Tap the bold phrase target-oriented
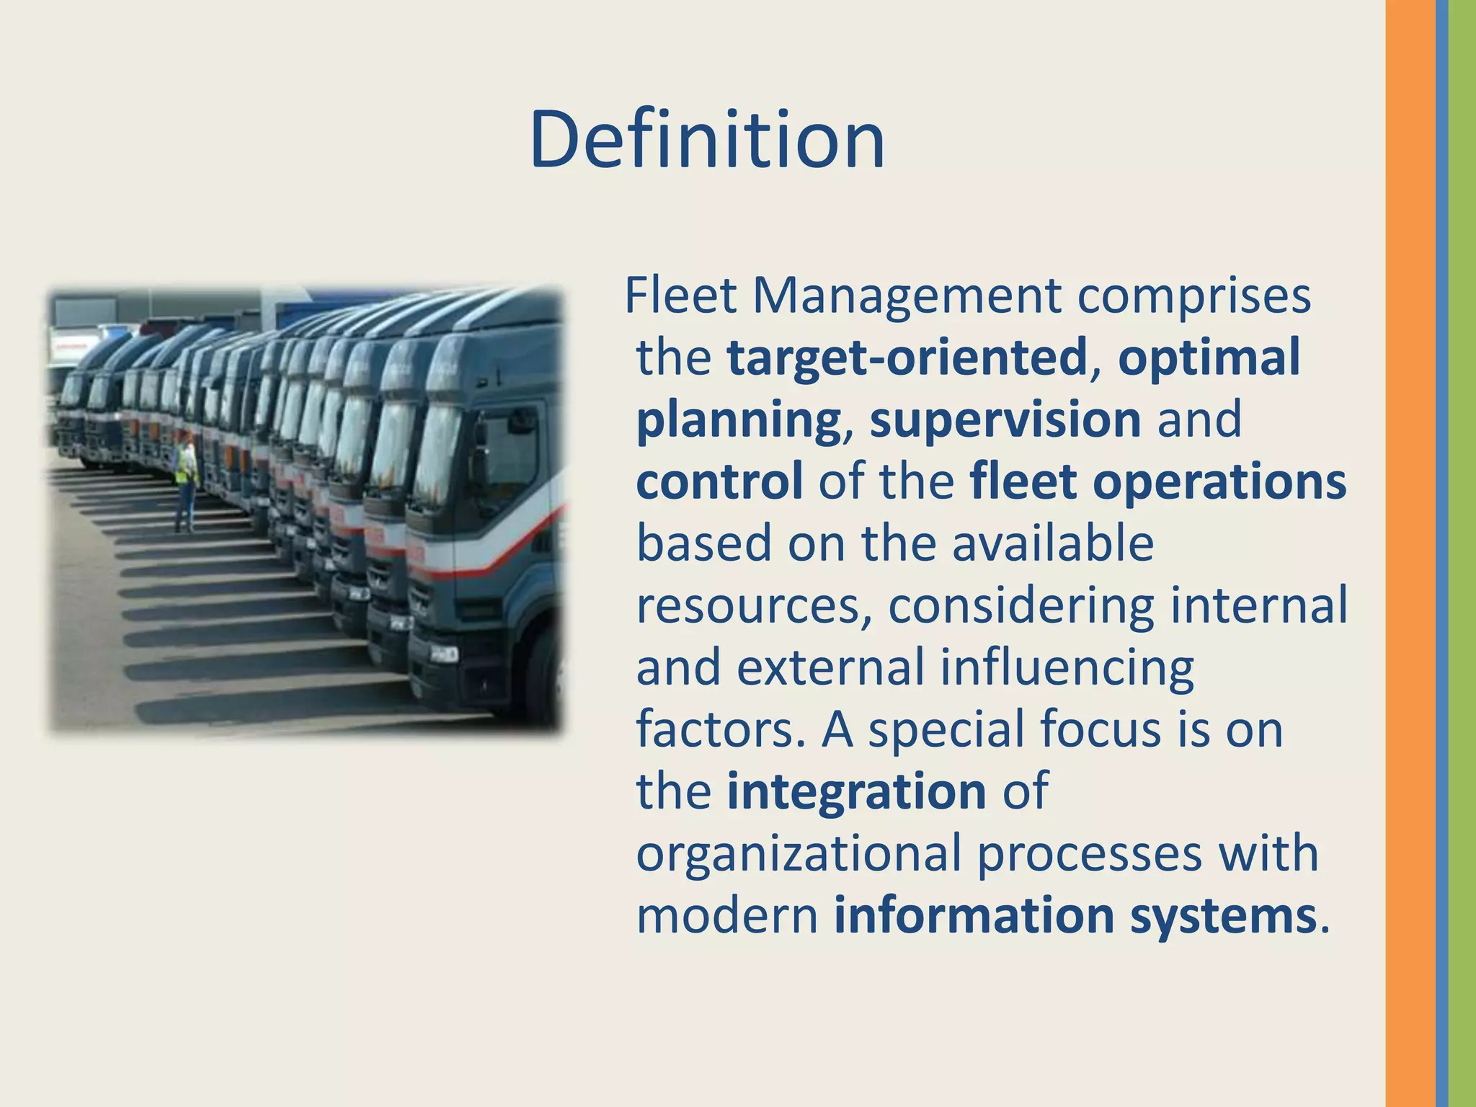pyautogui.click(x=907, y=357)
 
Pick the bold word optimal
pyautogui.click(x=1209, y=357)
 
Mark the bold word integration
pyautogui.click(x=856, y=791)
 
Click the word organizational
pyautogui.click(x=799, y=853)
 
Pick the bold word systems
pyautogui.click(x=1223, y=915)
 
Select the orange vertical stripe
pyautogui.click(x=1410, y=553)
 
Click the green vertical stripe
pyautogui.click(x=1462, y=553)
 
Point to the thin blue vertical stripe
pyautogui.click(x=1441, y=553)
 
